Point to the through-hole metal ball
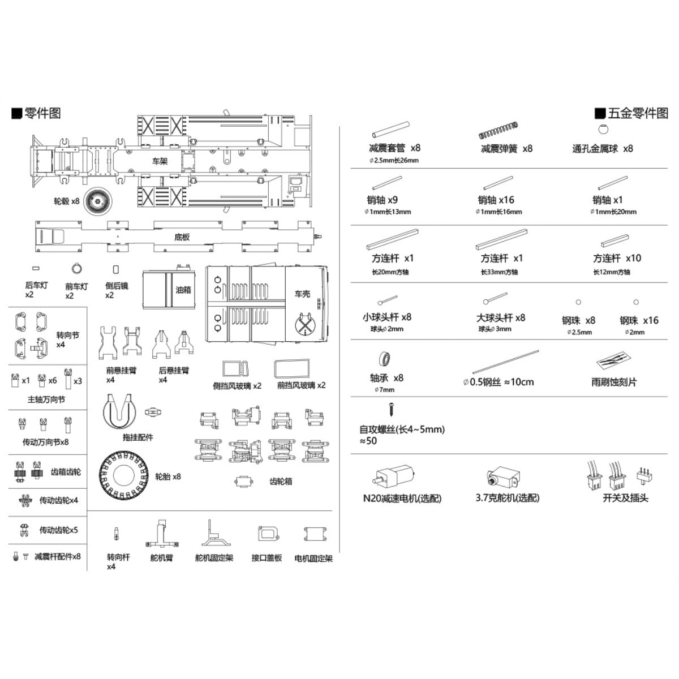pos(603,130)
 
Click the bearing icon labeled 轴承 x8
pos(386,359)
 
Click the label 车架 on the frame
pos(160,161)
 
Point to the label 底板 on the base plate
pos(182,237)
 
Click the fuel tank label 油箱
pos(183,290)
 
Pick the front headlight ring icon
pos(76,268)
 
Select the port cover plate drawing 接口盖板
pos(267,535)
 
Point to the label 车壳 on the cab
pos(303,294)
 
